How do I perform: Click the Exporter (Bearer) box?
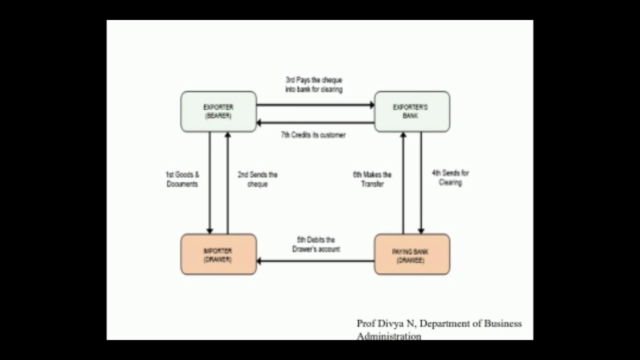[x=218, y=111]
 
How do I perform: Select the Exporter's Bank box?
[x=412, y=111]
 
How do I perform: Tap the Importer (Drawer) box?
[x=218, y=254]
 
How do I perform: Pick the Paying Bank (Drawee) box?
[x=412, y=254]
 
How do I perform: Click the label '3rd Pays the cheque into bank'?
[x=314, y=84]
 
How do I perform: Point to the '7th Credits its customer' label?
[x=313, y=135]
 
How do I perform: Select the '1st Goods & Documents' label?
[x=182, y=179]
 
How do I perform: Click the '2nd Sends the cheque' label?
[x=257, y=179]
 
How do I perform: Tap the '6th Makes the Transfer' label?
[x=372, y=179]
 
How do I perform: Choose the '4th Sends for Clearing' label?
[x=450, y=177]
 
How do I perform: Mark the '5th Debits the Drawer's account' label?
[x=316, y=244]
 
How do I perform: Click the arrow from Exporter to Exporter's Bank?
[x=315, y=105]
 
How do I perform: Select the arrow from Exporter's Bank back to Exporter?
[x=315, y=122]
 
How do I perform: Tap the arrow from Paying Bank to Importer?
[x=315, y=260]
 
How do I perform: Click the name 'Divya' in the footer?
[x=391, y=323]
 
